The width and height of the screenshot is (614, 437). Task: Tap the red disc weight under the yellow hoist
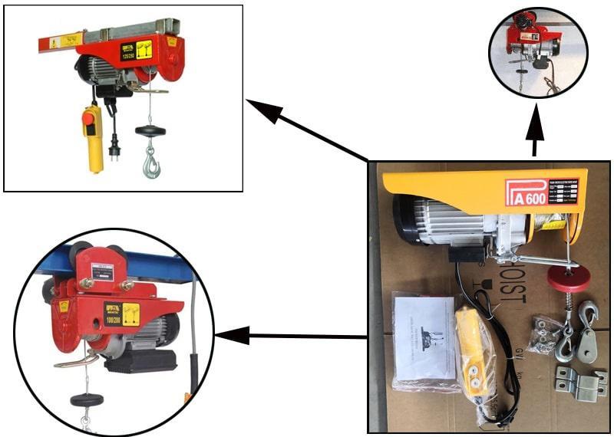(x=569, y=280)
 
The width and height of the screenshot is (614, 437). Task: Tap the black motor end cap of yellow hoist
(x=406, y=221)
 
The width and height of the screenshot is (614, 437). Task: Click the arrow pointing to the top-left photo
(x=307, y=131)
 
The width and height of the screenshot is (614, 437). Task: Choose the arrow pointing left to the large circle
(x=292, y=335)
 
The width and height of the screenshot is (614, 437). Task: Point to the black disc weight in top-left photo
(x=150, y=130)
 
